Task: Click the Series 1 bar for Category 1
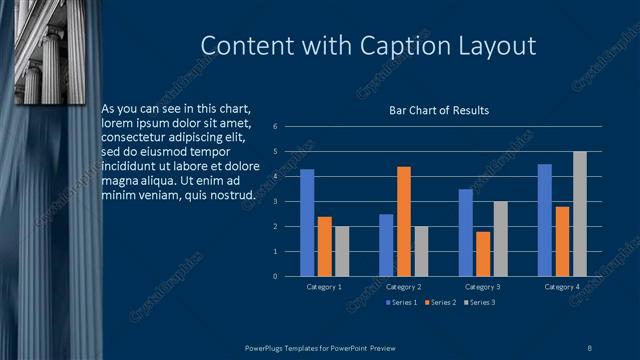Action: click(307, 223)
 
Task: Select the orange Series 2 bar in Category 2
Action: click(404, 221)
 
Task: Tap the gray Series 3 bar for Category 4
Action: click(580, 214)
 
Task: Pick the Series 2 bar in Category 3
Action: click(483, 254)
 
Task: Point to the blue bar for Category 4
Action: click(545, 220)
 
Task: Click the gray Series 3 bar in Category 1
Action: click(342, 251)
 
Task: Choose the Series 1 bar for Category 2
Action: click(386, 245)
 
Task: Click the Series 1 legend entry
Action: click(402, 302)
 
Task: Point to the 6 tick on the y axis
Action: click(288, 127)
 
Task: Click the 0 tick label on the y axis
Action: click(288, 277)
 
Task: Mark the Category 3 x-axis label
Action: click(483, 287)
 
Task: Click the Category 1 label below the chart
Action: click(324, 287)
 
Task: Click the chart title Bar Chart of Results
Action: click(439, 110)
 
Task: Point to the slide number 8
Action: click(590, 347)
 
